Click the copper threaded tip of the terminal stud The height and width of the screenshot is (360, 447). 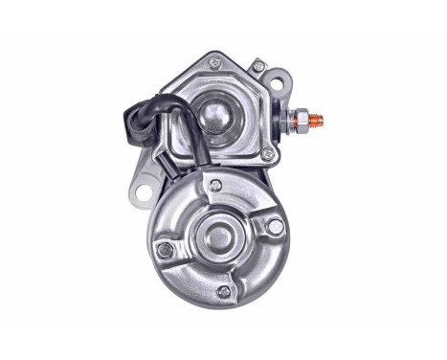click(317, 122)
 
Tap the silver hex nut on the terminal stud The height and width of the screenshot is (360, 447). click(302, 122)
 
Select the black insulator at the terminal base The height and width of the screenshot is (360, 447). click(285, 122)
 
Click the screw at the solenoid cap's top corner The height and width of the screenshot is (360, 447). click(214, 63)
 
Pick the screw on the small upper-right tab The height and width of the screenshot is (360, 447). click(258, 66)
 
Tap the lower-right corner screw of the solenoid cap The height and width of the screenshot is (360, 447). click(267, 154)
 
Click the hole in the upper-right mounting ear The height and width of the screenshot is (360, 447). click(277, 84)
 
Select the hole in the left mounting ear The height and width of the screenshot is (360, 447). click(144, 193)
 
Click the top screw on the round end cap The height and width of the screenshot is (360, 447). click(216, 185)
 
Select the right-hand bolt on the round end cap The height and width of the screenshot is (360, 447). click(275, 227)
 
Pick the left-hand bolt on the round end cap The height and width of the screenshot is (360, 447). click(165, 251)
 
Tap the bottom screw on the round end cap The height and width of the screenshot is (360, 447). click(224, 292)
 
